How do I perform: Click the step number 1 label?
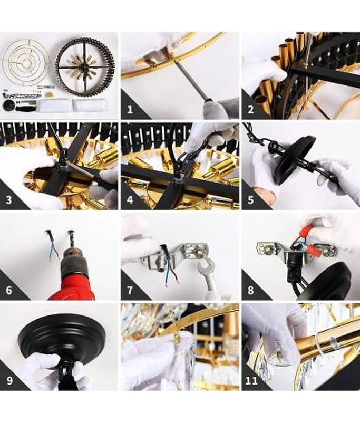coord(130,110)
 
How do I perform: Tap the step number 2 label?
coord(250,110)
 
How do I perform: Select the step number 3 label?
coord(9,200)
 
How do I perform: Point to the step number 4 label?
coord(130,200)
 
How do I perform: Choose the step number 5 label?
coord(250,200)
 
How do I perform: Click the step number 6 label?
coord(9,291)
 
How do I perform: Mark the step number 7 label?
coord(130,291)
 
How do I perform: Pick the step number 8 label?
coord(250,291)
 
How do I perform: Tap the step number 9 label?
coord(9,381)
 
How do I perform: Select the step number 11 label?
coord(251,381)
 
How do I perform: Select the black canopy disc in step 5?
coord(295,161)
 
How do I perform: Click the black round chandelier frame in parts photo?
coord(85,66)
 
